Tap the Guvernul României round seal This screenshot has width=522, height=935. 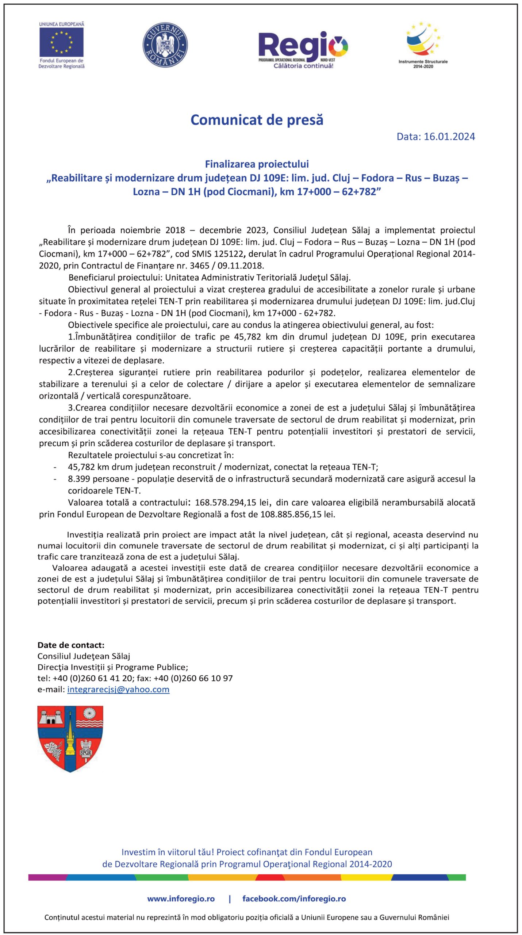coord(165,45)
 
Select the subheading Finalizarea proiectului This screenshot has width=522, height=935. coord(257,164)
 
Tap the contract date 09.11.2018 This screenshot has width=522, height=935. coord(240,266)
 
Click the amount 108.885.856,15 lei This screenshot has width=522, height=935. coord(297,514)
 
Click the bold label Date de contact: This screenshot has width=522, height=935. coord(71,645)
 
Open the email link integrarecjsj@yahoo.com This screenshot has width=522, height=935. coord(118,689)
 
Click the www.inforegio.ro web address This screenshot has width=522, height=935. coord(181,899)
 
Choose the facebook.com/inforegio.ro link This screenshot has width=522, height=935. coord(294,899)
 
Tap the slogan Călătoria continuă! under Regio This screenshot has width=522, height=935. coord(303,66)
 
